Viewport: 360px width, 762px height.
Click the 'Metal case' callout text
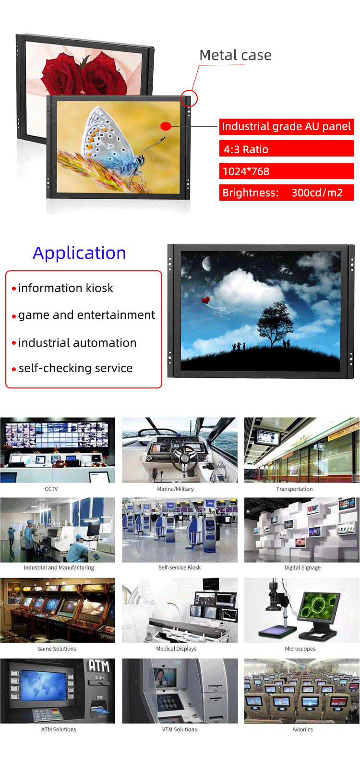pyautogui.click(x=235, y=55)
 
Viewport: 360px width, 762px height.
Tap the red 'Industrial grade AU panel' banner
pyautogui.click(x=286, y=127)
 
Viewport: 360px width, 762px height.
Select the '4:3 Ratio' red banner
pyautogui.click(x=286, y=149)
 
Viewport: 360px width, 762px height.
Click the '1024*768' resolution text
pyautogui.click(x=246, y=171)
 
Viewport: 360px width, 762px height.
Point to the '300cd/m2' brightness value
pyautogui.click(x=317, y=193)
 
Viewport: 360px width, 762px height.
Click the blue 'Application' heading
pyautogui.click(x=79, y=253)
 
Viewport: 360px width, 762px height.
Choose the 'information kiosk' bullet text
pyautogui.click(x=66, y=288)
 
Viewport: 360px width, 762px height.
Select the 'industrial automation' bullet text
pyautogui.click(x=77, y=343)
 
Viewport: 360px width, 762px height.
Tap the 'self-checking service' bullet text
pyautogui.click(x=75, y=368)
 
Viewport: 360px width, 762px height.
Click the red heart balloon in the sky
pyautogui.click(x=205, y=300)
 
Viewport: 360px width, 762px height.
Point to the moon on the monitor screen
pyautogui.click(x=207, y=264)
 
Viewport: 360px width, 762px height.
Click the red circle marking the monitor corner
pyautogui.click(x=189, y=98)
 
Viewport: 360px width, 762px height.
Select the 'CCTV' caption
pyautogui.click(x=51, y=489)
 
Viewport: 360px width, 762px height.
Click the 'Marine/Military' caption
pyautogui.click(x=175, y=489)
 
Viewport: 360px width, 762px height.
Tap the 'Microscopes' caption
pyautogui.click(x=300, y=649)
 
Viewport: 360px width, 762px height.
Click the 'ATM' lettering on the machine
pyautogui.click(x=99, y=666)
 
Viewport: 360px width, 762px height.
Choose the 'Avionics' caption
pyautogui.click(x=302, y=729)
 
